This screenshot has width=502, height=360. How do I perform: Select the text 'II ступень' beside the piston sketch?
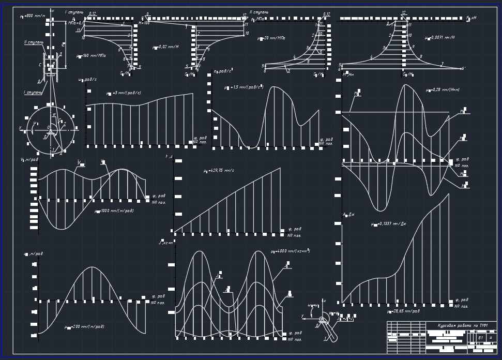click(x=34, y=42)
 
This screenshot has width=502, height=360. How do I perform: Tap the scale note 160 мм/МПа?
click(x=91, y=56)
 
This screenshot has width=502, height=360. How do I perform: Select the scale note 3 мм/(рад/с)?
click(x=124, y=93)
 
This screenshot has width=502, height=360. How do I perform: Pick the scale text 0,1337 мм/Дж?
click(x=389, y=224)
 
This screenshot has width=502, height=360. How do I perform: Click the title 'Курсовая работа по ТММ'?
click(x=462, y=325)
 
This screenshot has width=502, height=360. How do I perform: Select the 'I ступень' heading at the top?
click(x=74, y=12)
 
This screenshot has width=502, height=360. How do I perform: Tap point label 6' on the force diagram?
click(x=464, y=68)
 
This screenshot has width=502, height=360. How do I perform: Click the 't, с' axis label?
click(x=169, y=156)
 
